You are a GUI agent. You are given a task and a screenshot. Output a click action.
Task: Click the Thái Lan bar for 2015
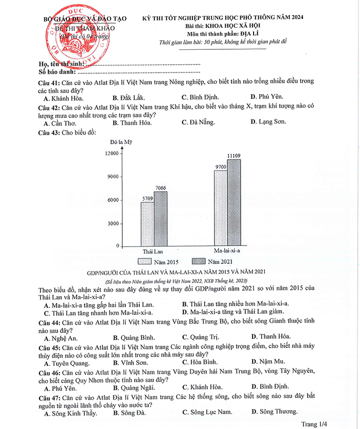coord(147,224)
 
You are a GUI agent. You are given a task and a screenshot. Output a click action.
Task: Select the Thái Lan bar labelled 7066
coord(160,219)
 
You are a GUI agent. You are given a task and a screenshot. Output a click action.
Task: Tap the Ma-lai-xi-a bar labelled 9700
coord(220,209)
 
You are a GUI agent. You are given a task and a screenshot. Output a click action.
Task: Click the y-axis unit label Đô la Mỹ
coord(119,142)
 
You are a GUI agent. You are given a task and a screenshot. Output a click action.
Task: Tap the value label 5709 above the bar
coord(147,198)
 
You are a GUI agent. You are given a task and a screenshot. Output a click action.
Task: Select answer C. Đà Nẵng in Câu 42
coord(199,122)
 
